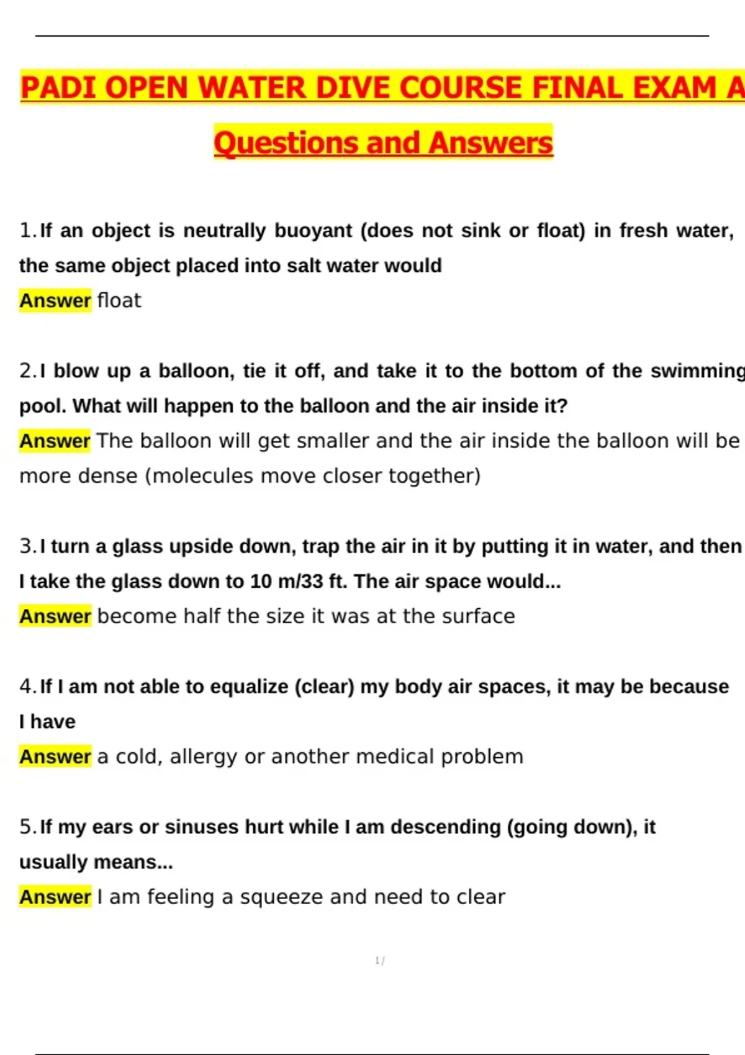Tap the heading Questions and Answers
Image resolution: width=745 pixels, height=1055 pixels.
click(x=383, y=143)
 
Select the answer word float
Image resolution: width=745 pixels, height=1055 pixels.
click(x=119, y=300)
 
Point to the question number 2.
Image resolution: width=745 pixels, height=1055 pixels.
click(x=28, y=371)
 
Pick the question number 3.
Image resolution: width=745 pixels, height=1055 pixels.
click(x=28, y=547)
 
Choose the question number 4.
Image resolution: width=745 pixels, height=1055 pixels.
click(x=28, y=687)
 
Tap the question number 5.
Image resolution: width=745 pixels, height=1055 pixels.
click(x=28, y=827)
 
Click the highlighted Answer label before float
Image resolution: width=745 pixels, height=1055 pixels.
click(x=55, y=300)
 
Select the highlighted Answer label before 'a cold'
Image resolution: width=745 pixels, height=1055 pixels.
click(x=55, y=756)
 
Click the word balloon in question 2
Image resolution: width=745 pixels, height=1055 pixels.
click(x=196, y=371)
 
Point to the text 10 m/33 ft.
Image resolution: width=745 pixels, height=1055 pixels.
click(x=299, y=581)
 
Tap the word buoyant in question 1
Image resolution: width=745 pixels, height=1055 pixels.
click(x=314, y=231)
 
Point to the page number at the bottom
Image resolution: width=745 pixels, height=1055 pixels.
click(x=379, y=961)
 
